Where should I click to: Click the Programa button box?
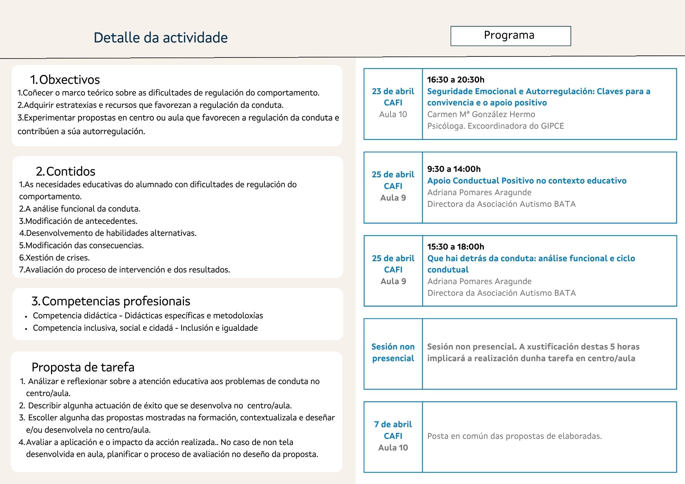point(510,36)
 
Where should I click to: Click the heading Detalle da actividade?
point(161,38)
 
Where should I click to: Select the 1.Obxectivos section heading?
point(65,80)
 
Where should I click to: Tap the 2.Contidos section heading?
point(65,171)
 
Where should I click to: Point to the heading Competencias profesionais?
point(111,301)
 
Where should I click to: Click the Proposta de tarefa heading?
point(83,367)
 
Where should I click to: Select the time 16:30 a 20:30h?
point(456,80)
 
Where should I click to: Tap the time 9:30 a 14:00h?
point(454,169)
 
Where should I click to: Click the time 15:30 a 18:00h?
point(456,246)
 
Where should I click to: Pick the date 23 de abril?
point(393,91)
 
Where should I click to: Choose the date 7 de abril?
point(393,424)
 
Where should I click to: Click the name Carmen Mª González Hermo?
point(481,114)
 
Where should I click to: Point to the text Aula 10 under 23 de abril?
point(393,114)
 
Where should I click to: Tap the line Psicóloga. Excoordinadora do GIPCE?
point(495,126)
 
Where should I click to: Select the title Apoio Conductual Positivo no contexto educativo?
point(527,181)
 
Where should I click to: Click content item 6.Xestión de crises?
point(54,257)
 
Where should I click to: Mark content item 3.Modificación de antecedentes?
point(78,221)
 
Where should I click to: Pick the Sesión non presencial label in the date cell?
point(393,353)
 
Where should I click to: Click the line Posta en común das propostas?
point(514,436)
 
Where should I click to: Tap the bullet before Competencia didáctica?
point(26,317)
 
